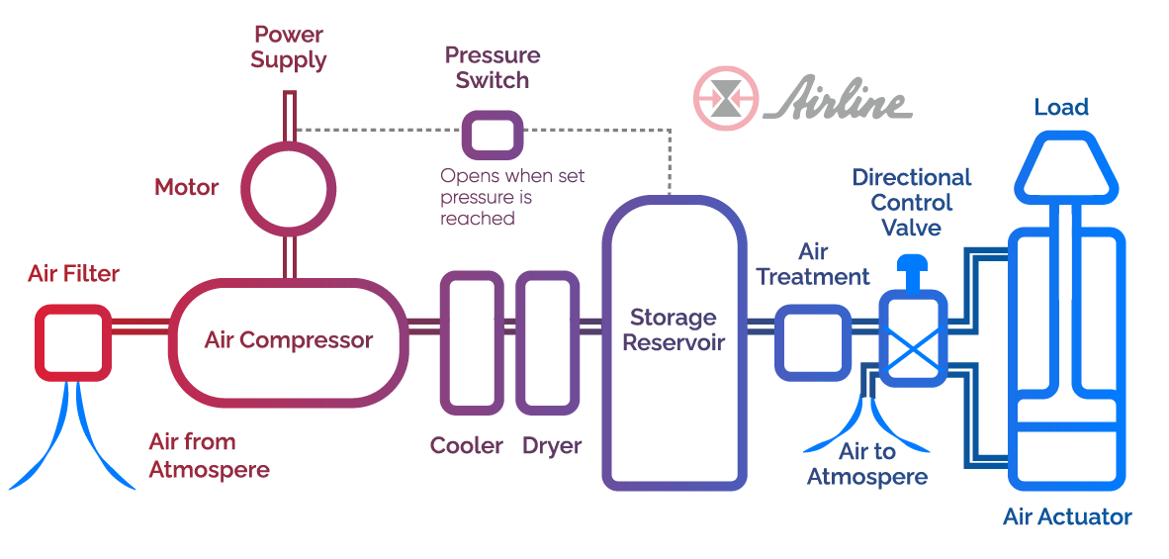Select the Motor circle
point(289,187)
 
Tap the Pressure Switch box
point(493,134)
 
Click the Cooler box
point(473,343)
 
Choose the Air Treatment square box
point(812,342)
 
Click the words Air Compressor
point(289,340)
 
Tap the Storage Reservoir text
point(674,330)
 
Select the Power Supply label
point(288,47)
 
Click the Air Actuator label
point(1067,516)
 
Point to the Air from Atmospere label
point(209,455)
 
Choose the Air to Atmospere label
point(867,464)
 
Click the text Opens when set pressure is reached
point(512,197)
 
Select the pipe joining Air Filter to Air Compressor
point(138,326)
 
